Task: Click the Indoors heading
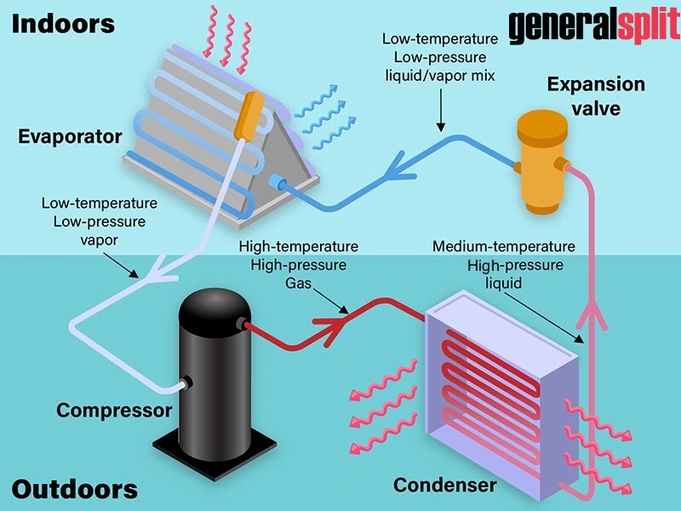click(63, 23)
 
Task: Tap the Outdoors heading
click(75, 490)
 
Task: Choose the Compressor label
click(114, 410)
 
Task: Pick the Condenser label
click(444, 485)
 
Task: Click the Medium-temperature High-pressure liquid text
click(504, 264)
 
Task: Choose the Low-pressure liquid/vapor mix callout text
click(438, 58)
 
